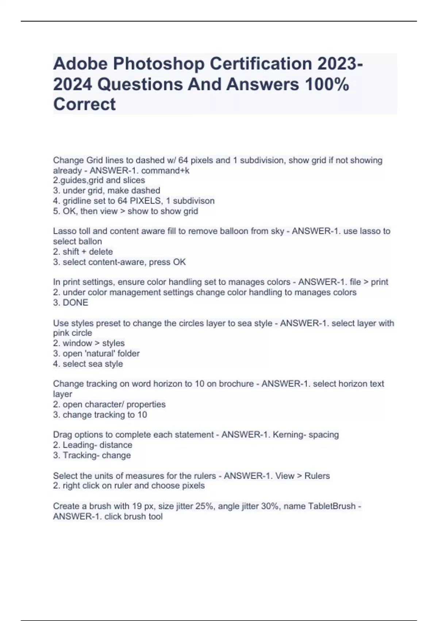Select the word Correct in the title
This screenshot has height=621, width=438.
coord(84,104)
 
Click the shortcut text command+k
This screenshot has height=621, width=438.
coord(170,171)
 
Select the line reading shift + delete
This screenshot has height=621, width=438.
coord(83,252)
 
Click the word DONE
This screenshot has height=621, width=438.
coord(76,302)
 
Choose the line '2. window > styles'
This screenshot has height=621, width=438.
coord(89,343)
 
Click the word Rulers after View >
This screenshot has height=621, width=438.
coord(317,476)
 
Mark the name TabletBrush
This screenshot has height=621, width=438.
coord(331,506)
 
